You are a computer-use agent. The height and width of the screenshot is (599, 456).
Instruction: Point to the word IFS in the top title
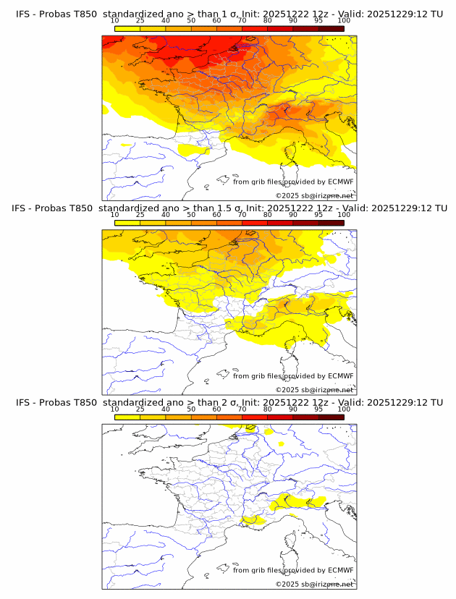(x=24, y=14)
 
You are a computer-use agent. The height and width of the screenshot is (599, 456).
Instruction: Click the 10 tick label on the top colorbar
(x=114, y=21)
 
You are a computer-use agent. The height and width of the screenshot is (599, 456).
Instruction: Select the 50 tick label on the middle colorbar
(x=191, y=216)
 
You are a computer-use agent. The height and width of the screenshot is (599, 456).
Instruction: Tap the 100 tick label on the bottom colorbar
(x=343, y=409)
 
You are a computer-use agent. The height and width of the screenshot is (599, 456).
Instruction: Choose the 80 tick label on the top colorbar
(x=268, y=21)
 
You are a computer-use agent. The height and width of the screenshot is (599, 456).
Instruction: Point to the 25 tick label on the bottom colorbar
(x=140, y=409)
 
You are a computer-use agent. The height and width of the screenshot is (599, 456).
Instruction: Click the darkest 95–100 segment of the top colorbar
(x=331, y=29)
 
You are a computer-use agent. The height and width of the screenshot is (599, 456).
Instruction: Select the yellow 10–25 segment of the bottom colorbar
(x=127, y=417)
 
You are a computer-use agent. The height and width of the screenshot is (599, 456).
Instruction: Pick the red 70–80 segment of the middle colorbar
(x=255, y=224)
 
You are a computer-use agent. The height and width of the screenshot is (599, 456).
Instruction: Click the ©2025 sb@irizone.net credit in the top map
(x=315, y=195)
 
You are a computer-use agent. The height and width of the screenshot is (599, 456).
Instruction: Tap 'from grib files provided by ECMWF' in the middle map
(x=293, y=375)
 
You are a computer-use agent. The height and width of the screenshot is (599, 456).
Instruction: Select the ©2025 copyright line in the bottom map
(x=315, y=584)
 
